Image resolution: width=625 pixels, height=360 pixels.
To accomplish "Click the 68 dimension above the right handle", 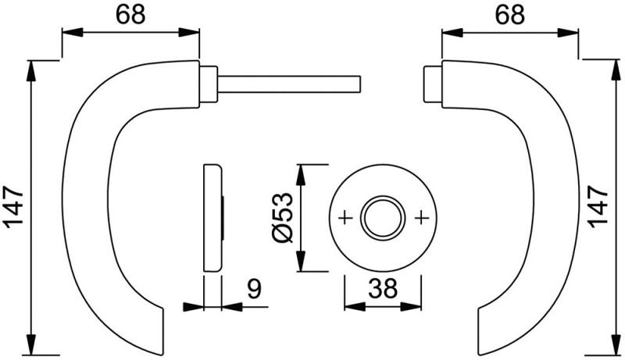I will (510, 15).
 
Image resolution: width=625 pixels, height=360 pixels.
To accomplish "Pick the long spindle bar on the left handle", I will (289, 84).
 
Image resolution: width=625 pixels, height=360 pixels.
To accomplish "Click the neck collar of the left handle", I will (209, 84).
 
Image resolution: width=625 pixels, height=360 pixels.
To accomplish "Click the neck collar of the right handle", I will (431, 84).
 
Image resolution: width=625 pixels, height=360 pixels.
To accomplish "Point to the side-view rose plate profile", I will (212, 218).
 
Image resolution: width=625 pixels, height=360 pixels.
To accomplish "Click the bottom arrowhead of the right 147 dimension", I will (612, 347).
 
